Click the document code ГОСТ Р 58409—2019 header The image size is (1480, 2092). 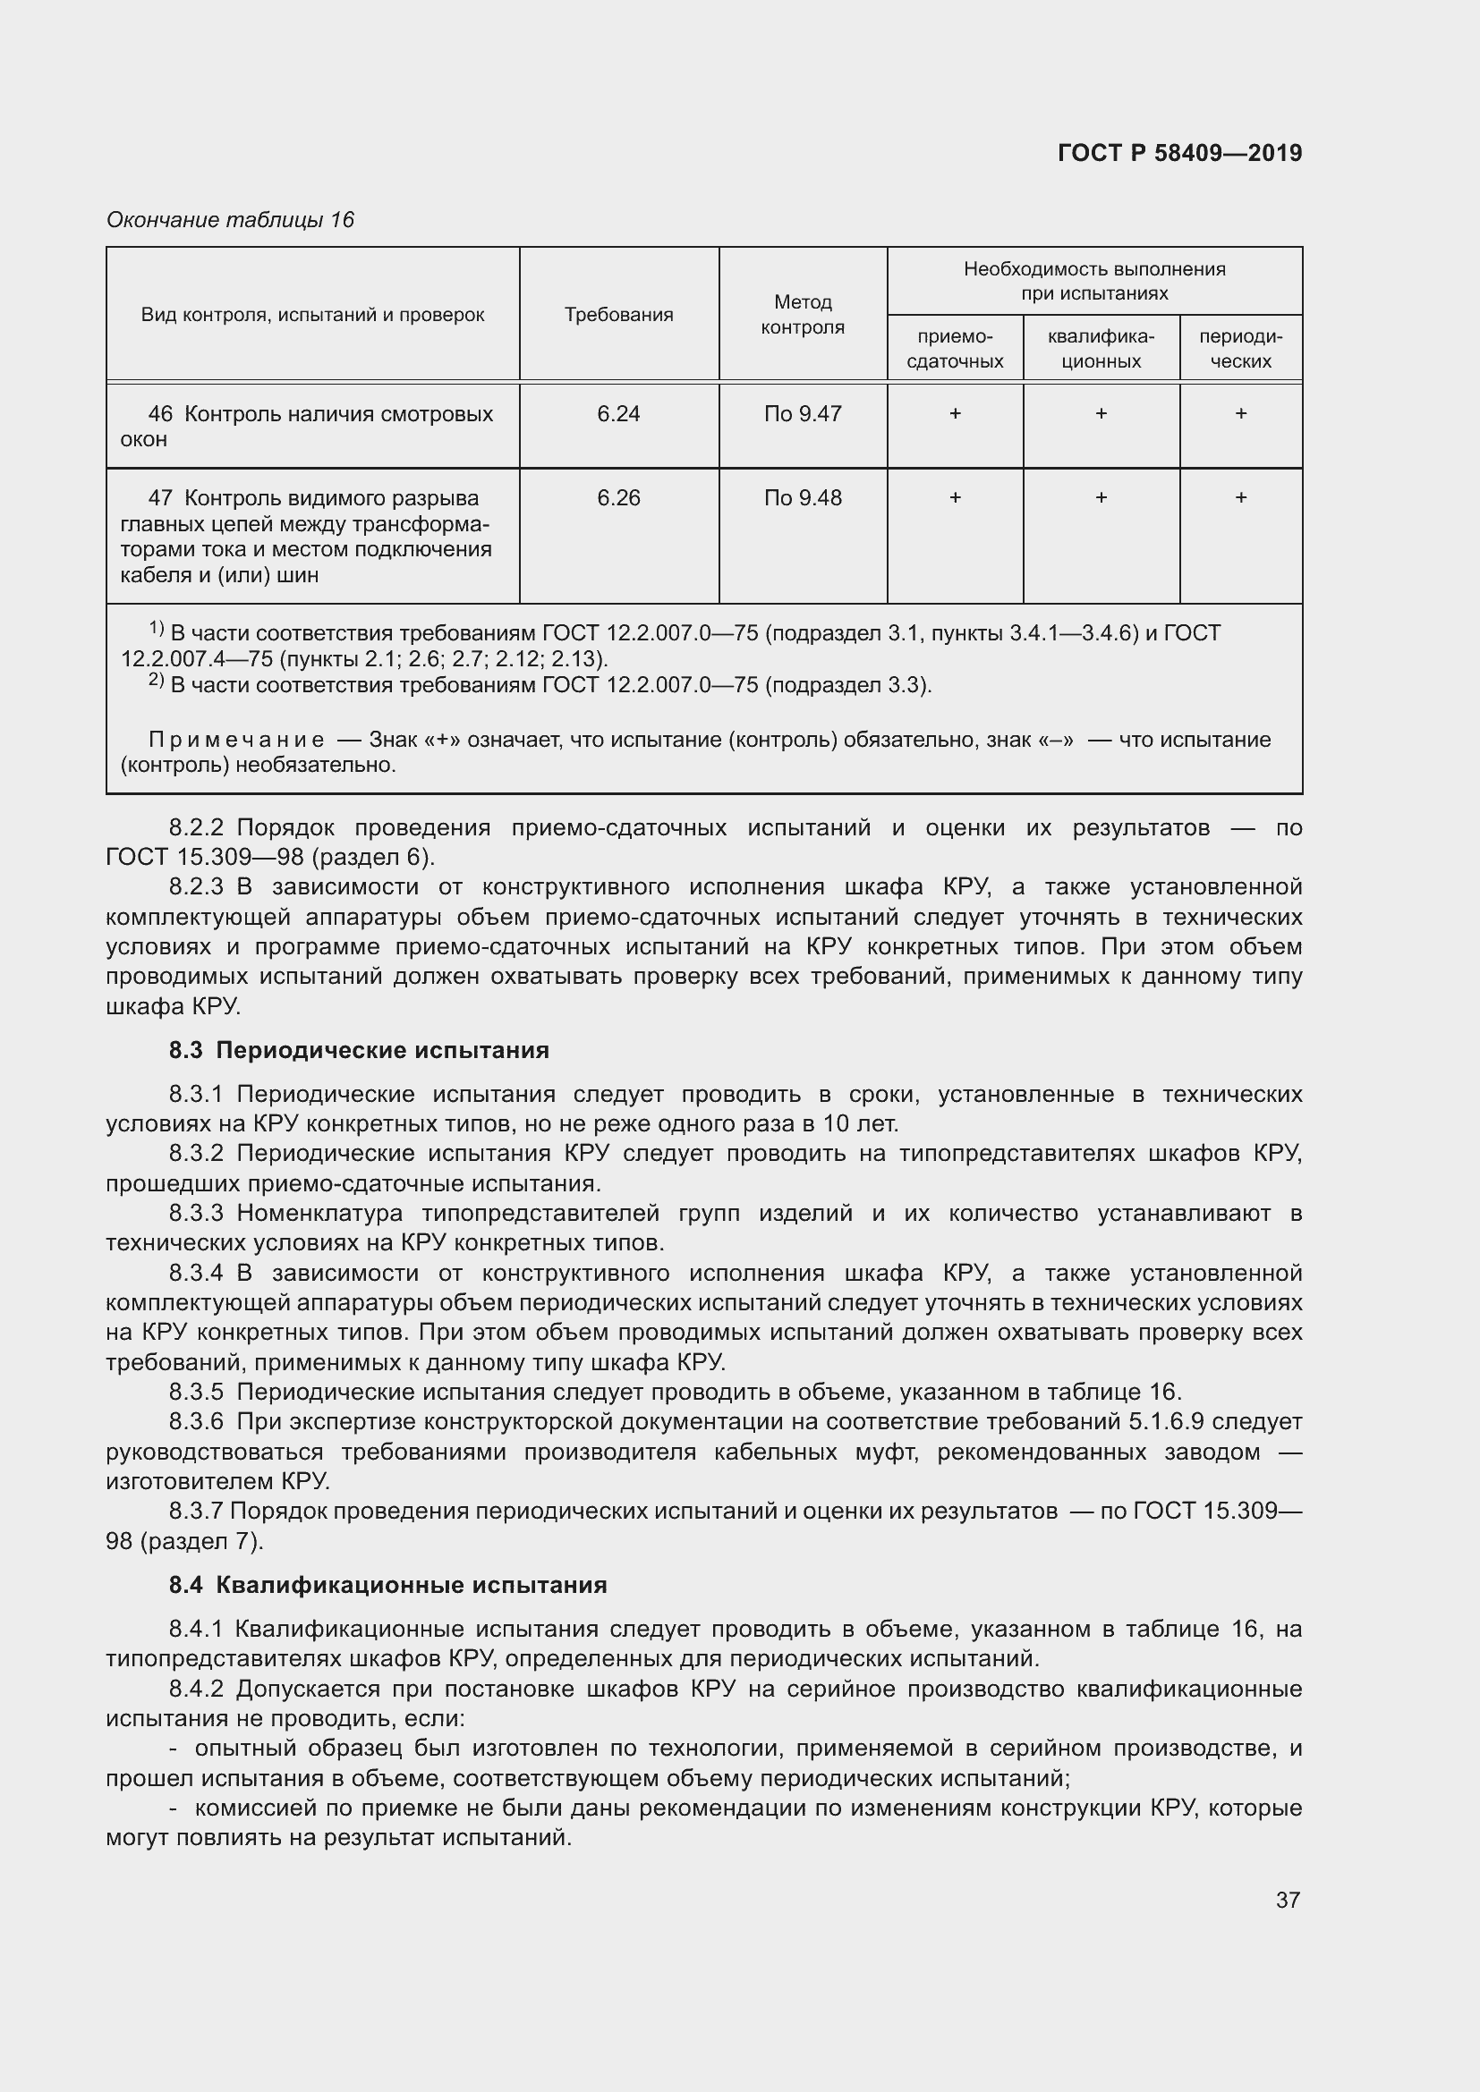coord(1179,153)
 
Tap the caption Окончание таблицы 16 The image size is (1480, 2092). coord(230,220)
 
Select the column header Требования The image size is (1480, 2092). coord(618,314)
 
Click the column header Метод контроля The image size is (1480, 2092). coord(802,314)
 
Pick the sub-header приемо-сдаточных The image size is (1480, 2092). coord(954,349)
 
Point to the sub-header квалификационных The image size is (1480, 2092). coord(1100,349)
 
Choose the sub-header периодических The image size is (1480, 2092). coord(1239,349)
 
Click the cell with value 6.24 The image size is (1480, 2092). coord(618,414)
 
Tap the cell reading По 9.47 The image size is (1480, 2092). coord(802,414)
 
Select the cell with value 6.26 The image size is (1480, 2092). coord(618,497)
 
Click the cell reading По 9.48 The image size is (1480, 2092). coord(802,497)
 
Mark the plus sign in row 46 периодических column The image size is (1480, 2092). coord(1240,414)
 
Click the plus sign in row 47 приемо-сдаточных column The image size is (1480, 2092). coord(954,497)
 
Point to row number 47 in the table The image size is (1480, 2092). coord(160,498)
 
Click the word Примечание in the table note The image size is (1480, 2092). coord(236,739)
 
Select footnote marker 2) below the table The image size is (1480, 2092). coord(156,681)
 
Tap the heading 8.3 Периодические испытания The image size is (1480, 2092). coord(358,1050)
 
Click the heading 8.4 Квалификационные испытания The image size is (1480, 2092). coord(387,1585)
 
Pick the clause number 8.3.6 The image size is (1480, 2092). coord(196,1421)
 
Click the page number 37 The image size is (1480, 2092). coord(1287,1900)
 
